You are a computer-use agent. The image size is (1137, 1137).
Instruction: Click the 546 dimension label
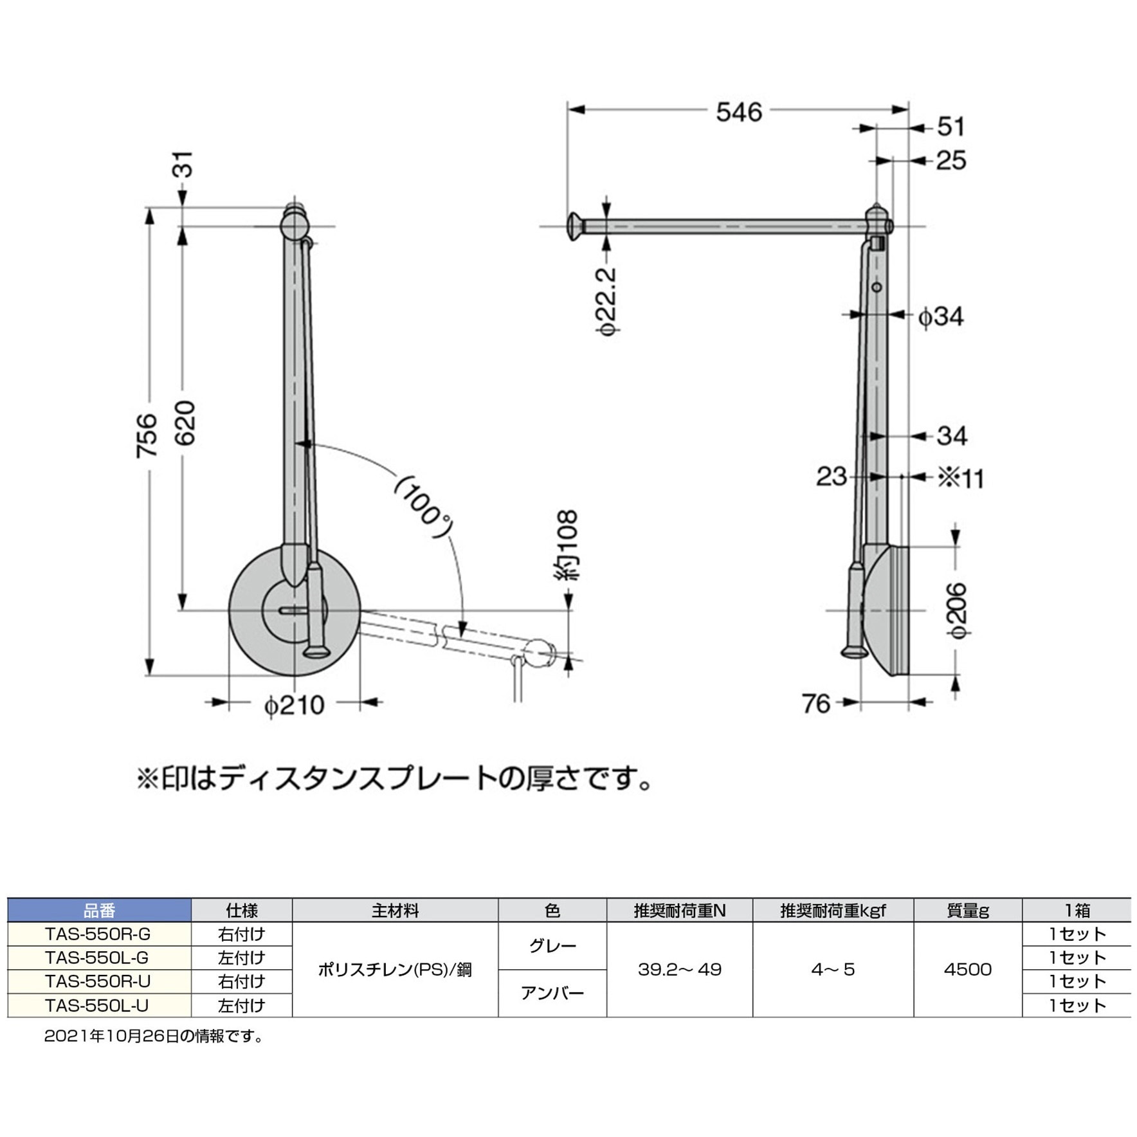click(x=738, y=112)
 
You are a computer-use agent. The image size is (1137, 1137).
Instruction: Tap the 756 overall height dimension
click(x=147, y=435)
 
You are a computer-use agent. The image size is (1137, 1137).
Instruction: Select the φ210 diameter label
click(x=294, y=705)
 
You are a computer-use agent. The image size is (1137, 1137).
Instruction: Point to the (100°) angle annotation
click(x=423, y=507)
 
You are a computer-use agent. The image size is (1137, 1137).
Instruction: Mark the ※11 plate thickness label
click(x=960, y=478)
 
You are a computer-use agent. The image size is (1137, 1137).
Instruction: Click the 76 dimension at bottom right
click(x=816, y=704)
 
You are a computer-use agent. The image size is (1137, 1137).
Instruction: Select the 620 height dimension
click(x=185, y=423)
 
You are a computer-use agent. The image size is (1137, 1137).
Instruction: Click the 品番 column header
click(x=99, y=910)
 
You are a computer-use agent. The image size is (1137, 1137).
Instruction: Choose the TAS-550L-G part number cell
click(x=97, y=958)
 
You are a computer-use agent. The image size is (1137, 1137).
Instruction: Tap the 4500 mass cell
click(x=967, y=969)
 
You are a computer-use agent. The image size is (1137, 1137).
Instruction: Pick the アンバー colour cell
click(x=552, y=993)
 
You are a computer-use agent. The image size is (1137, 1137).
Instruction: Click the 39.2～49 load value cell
click(x=679, y=969)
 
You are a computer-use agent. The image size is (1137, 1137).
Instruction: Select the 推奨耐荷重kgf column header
click(x=833, y=910)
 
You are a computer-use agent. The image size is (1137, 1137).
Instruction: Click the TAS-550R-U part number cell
click(x=97, y=981)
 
